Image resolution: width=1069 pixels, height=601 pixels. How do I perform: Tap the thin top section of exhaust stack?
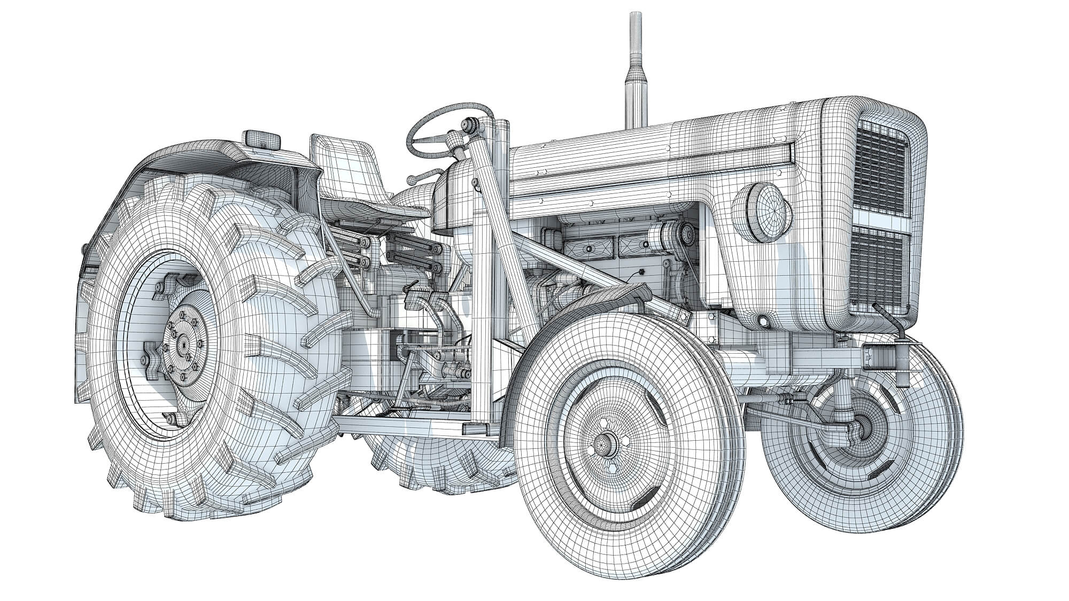pyautogui.click(x=636, y=32)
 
